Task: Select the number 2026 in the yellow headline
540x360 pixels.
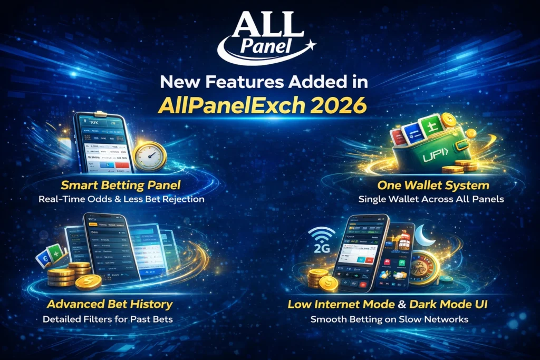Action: pyautogui.click(x=339, y=104)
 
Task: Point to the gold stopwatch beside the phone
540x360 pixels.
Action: pyautogui.click(x=150, y=155)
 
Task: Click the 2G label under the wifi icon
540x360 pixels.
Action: pyautogui.click(x=320, y=248)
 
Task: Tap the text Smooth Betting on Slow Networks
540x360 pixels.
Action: pyautogui.click(x=389, y=319)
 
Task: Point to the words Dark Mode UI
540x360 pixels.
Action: pyautogui.click(x=454, y=305)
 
